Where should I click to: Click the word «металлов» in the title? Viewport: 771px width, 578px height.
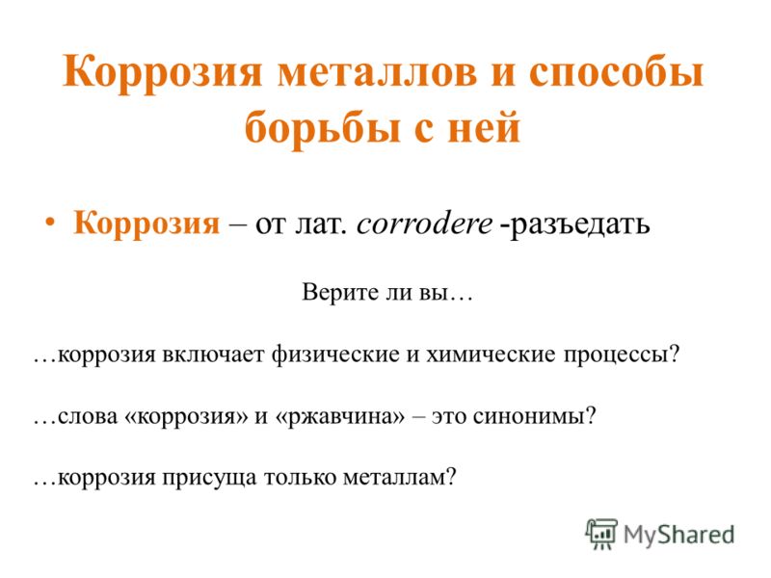tap(377, 73)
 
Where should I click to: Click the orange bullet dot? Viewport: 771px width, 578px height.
tap(50, 223)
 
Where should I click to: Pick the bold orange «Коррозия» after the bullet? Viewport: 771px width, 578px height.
tap(146, 223)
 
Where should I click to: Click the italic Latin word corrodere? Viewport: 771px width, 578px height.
tap(424, 224)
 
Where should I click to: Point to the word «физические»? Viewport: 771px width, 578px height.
tap(335, 355)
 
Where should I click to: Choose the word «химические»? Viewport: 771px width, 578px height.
tap(491, 355)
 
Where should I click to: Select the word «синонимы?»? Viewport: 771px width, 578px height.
tap(535, 417)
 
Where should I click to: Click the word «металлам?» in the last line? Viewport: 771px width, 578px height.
tap(399, 478)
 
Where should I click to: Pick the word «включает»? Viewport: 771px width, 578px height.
tap(213, 355)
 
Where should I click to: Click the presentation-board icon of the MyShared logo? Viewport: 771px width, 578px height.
tap(601, 535)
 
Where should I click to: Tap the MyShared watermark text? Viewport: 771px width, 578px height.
tap(679, 536)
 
